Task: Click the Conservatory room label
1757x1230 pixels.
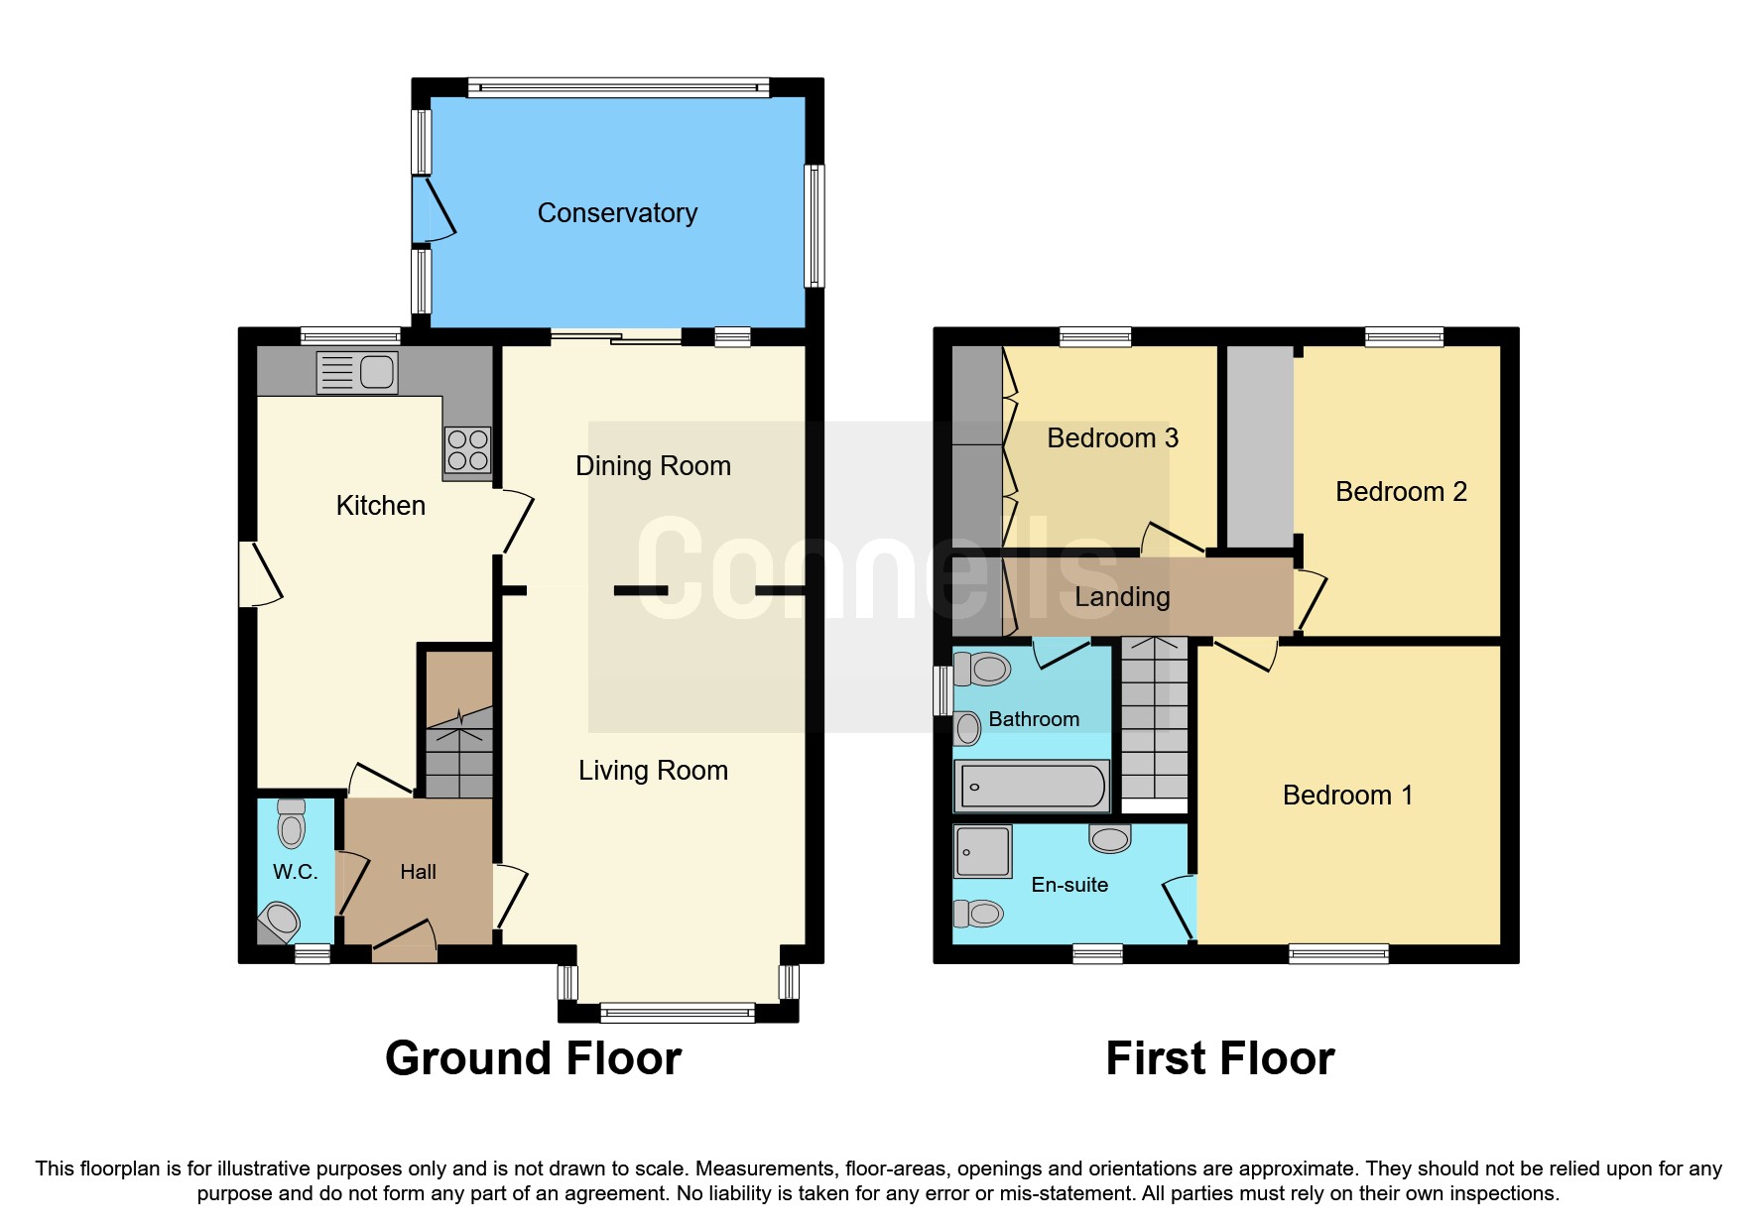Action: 617,213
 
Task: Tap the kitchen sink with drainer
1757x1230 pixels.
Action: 357,373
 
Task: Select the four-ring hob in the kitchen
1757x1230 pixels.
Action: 467,449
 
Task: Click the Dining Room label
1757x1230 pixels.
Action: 653,466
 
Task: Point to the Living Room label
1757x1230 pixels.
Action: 653,771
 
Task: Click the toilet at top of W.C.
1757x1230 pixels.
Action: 292,823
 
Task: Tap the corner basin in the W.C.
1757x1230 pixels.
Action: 281,921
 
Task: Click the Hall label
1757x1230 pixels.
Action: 418,872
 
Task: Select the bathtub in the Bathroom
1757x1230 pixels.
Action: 1032,787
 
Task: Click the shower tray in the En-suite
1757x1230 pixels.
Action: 983,851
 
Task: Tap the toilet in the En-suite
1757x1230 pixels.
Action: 979,913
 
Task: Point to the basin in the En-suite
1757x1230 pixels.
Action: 1110,839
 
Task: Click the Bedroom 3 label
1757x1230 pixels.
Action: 1112,438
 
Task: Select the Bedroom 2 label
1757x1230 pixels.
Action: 1400,492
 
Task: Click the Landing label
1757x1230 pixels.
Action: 1122,597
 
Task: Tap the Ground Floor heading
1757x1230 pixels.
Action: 533,1058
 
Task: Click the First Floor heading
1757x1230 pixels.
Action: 1219,1058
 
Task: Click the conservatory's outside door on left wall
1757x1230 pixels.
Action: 434,209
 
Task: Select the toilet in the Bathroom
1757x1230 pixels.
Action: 983,670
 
